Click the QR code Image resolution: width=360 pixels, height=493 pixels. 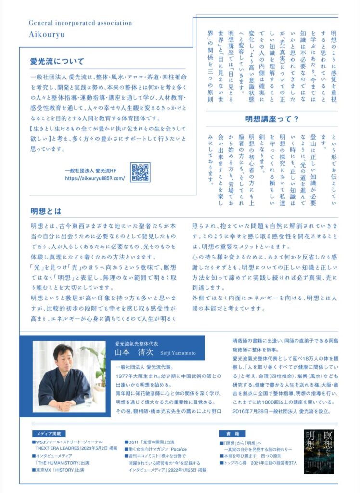pos(140,172)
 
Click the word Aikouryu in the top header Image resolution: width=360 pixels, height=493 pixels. pos(47,35)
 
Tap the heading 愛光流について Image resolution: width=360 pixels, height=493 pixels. pos(57,61)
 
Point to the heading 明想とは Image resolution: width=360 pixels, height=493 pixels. pos(44,212)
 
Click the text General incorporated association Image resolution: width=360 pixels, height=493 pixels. pos(80,23)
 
